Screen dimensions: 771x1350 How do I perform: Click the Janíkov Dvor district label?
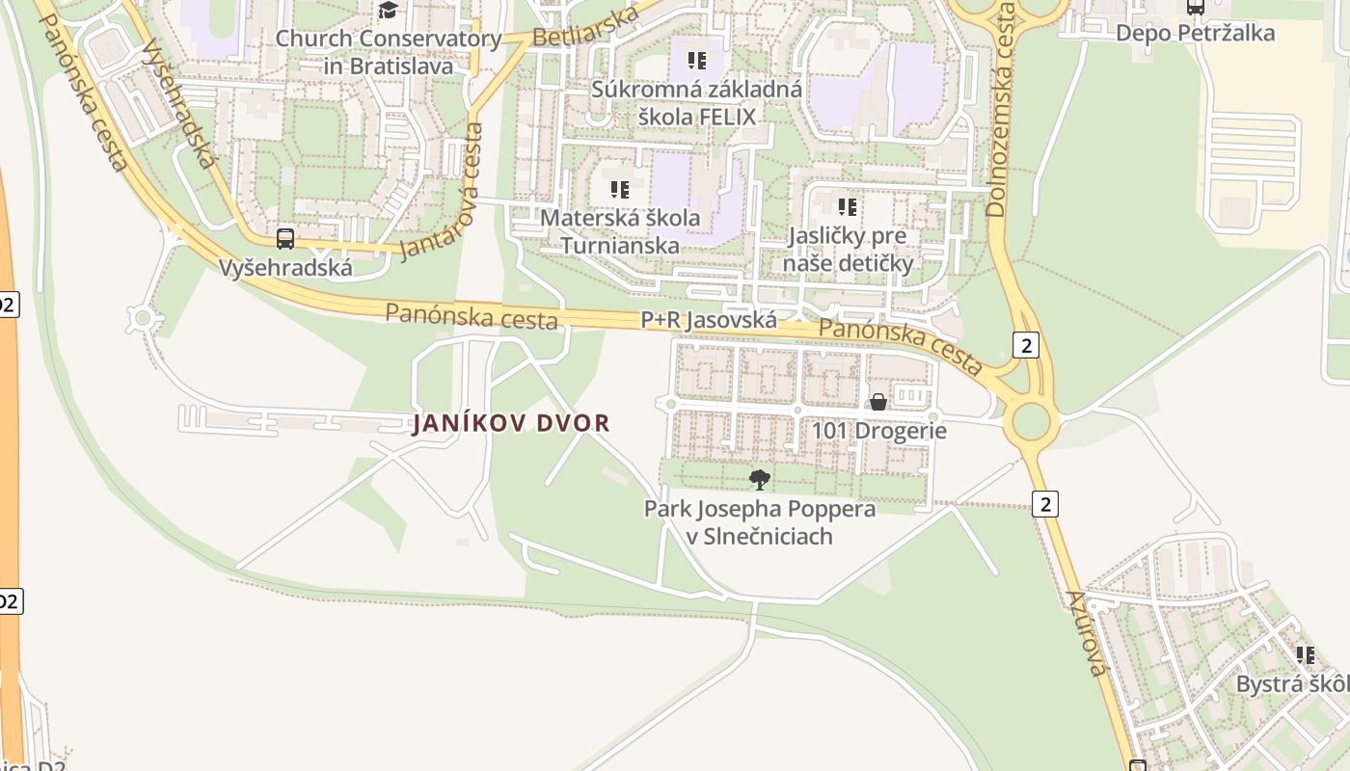coord(511,423)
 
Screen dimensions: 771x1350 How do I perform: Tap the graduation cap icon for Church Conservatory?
coord(388,11)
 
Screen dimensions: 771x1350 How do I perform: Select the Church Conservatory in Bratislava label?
coord(389,53)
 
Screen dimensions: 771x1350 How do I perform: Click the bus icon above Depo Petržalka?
coord(1196,7)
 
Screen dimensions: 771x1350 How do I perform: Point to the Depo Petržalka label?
coord(1195,33)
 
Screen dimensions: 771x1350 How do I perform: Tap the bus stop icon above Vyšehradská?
coord(285,239)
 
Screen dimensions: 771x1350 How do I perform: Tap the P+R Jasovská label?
coord(709,320)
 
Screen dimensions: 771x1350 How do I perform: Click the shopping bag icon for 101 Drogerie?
coord(878,402)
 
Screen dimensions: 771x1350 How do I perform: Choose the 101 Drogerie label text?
coord(879,431)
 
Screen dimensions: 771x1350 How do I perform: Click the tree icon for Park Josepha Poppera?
coord(760,479)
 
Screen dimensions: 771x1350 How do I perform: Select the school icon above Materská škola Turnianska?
coord(620,190)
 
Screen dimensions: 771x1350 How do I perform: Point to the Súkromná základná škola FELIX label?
coord(696,103)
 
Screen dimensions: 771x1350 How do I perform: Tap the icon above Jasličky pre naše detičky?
coord(848,207)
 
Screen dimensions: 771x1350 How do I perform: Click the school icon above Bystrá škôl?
coord(1306,656)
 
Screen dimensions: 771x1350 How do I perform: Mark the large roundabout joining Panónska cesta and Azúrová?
coord(1031,421)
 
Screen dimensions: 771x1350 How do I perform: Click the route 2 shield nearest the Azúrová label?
coord(1044,503)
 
